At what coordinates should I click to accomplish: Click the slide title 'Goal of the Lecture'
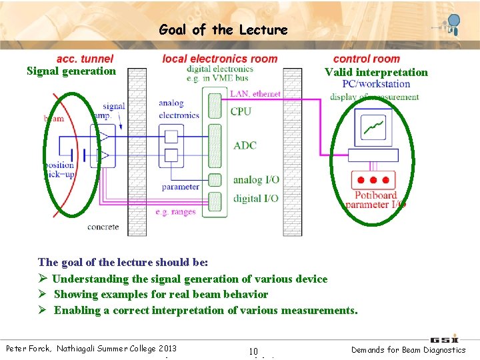tap(223, 30)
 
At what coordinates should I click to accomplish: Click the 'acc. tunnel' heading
tap(85, 59)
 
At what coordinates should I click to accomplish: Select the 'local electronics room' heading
tap(219, 59)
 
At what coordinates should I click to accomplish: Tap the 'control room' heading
tap(366, 59)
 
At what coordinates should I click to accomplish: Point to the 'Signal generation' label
tap(71, 71)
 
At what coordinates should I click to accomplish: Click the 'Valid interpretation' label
tap(376, 72)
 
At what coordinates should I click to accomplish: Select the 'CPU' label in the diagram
tap(241, 111)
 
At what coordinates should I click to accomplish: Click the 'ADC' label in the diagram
tap(245, 145)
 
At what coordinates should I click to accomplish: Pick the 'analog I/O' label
tap(256, 180)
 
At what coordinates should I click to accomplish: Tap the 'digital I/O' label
tap(256, 198)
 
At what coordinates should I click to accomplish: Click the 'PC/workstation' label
tap(376, 84)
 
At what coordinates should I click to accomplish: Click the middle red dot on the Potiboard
tap(374, 180)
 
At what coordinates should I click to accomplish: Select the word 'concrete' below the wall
tap(103, 227)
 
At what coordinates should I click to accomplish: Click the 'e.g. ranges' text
tap(175, 212)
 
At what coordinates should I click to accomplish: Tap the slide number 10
tap(253, 351)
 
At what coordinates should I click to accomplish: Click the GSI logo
tap(444, 339)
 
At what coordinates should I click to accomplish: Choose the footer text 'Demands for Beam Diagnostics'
tap(409, 350)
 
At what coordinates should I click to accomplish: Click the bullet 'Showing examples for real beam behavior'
tap(161, 294)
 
